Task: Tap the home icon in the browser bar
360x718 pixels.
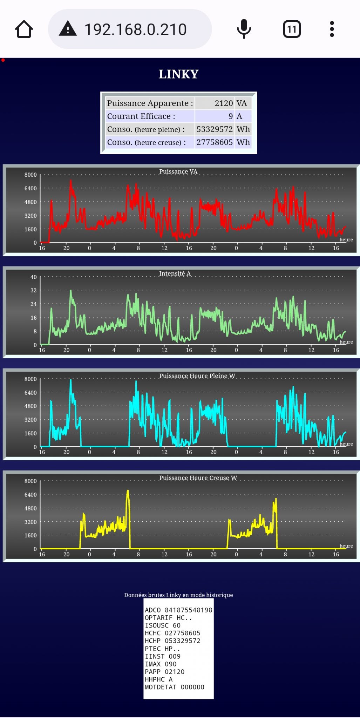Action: click(24, 29)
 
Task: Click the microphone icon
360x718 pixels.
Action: click(244, 29)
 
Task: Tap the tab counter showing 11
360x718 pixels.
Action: click(292, 29)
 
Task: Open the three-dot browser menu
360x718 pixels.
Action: click(332, 29)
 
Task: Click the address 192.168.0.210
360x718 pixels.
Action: click(135, 29)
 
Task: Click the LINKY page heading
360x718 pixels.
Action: click(178, 74)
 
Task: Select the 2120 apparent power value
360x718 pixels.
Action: click(224, 103)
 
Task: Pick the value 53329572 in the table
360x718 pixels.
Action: click(215, 129)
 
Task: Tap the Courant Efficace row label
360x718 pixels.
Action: click(141, 116)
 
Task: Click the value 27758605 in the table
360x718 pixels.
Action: click(215, 142)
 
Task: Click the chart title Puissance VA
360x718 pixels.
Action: click(178, 171)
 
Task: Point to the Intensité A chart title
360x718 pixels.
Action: click(175, 273)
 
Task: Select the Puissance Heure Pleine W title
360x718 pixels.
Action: click(197, 376)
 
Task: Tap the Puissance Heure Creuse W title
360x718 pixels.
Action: click(198, 478)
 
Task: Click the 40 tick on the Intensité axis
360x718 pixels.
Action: click(34, 277)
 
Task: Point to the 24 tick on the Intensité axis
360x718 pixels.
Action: click(34, 304)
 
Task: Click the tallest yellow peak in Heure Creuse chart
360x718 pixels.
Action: click(128, 492)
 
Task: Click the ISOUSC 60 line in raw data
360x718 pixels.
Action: click(163, 625)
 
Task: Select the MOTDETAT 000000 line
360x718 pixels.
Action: click(175, 687)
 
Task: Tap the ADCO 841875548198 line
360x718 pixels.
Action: click(178, 610)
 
